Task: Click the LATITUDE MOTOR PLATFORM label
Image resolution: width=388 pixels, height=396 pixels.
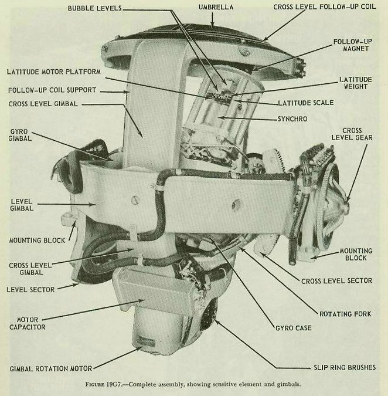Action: (x=54, y=71)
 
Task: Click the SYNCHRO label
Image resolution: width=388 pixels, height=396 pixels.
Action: (x=292, y=119)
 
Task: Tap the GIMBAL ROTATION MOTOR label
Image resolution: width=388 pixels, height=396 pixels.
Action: (x=50, y=368)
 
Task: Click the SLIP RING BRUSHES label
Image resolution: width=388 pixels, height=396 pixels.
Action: (x=340, y=368)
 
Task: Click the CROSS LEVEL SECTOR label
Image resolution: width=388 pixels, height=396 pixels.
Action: (x=336, y=280)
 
